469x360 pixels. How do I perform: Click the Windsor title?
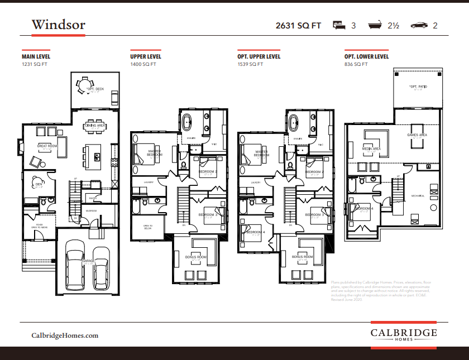pyautogui.click(x=58, y=25)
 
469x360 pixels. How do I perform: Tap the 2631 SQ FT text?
pyautogui.click(x=298, y=26)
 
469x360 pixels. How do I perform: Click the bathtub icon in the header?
pyautogui.click(x=375, y=25)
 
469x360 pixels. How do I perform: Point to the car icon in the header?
pyautogui.click(x=418, y=25)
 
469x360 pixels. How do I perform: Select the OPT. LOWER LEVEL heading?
pyautogui.click(x=367, y=57)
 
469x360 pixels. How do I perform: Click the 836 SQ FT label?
pyautogui.click(x=356, y=64)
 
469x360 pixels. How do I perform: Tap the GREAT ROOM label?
pyautogui.click(x=47, y=146)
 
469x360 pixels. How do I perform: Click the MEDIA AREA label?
pyautogui.click(x=371, y=149)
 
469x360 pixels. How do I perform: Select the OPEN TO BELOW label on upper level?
pyautogui.click(x=148, y=227)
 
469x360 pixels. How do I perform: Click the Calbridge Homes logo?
pyautogui.click(x=404, y=334)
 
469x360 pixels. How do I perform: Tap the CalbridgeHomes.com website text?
pyautogui.click(x=65, y=335)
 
